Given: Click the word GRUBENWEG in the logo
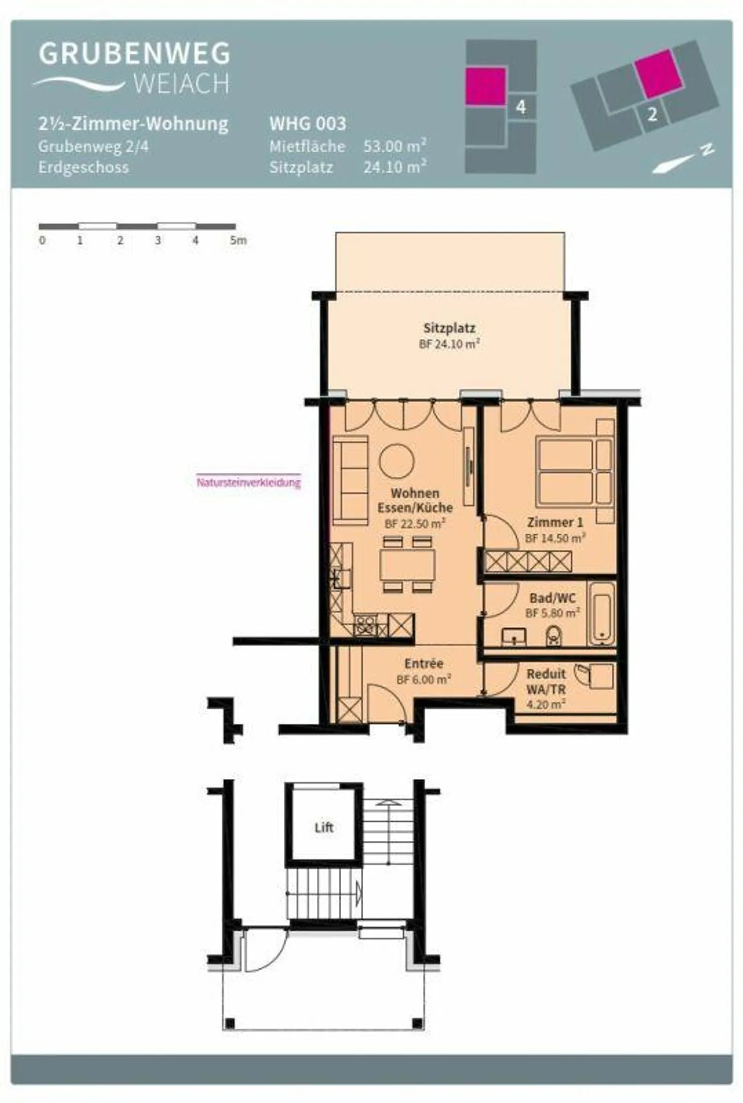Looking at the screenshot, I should point(134,54).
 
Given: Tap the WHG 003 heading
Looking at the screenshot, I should point(308,124).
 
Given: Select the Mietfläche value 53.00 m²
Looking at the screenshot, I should point(395,146).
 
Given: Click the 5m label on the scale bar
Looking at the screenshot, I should point(238,241).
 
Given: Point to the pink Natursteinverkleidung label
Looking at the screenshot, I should point(248,483).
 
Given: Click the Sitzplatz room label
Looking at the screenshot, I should point(449,328).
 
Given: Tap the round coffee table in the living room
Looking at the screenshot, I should point(397,461).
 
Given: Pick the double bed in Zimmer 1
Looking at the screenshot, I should point(564,472).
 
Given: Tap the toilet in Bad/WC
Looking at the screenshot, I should point(554,636).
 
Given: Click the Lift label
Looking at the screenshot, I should point(324,827).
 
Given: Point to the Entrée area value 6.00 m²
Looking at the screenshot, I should point(424,680).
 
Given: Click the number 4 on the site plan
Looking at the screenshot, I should point(521,107).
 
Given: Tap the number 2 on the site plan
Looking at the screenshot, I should point(652,114).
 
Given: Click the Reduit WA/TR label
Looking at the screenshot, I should point(546,681).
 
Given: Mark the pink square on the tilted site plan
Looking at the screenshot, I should point(658,74).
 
